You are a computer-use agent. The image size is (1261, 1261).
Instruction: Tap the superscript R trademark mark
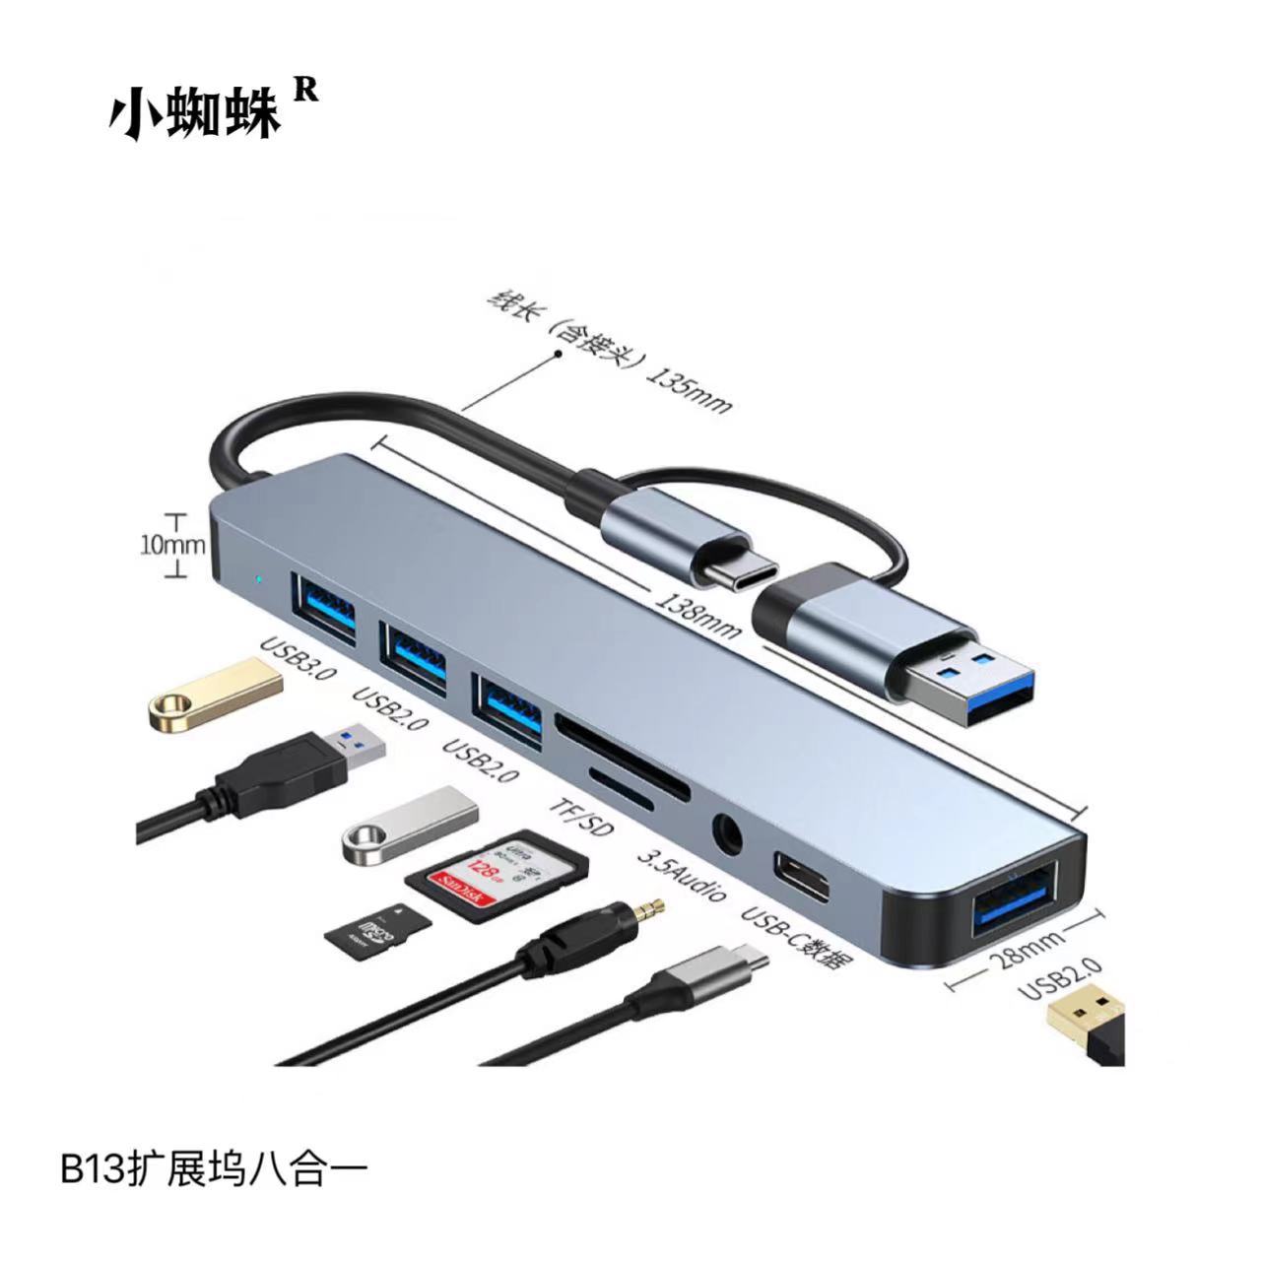pos(306,90)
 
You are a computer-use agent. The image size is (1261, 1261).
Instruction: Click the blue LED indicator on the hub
pos(258,578)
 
